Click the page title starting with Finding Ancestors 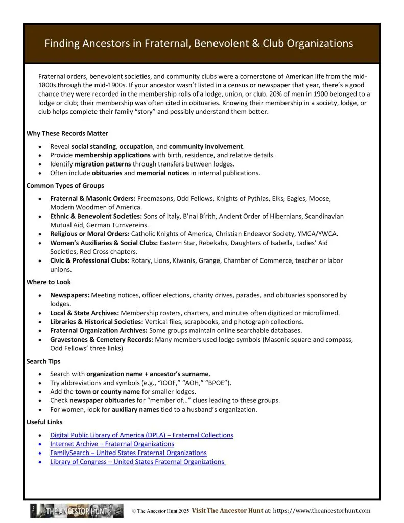click(199, 43)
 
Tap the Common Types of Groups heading click(65, 185)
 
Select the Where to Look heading click(49, 282)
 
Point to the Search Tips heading click(43, 361)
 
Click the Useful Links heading click(44, 422)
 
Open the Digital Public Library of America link click(141, 435)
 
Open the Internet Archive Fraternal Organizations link click(112, 444)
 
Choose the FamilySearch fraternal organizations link click(128, 453)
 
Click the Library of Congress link click(137, 462)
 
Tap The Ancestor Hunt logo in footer click(77, 511)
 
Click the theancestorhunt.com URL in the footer click(322, 511)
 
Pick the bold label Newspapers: click(69, 295)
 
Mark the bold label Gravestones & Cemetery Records click(100, 340)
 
